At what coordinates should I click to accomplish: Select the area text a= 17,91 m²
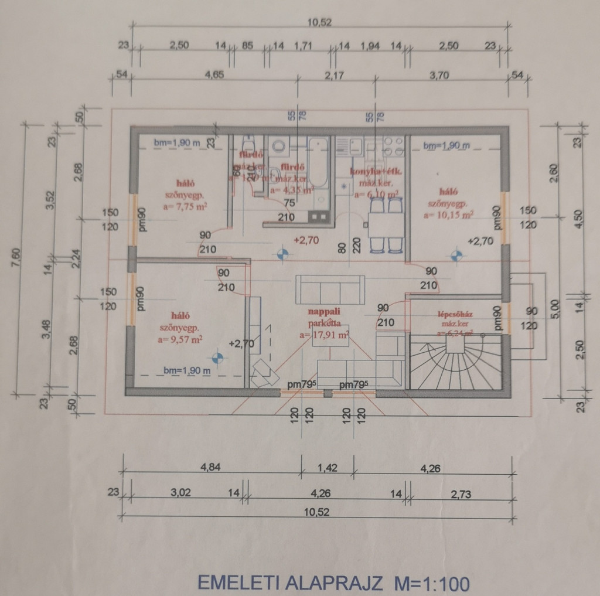tap(323, 335)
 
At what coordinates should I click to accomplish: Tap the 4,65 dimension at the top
tap(215, 75)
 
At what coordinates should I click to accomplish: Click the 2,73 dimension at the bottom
tap(461, 493)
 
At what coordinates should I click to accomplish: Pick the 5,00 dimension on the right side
tap(556, 307)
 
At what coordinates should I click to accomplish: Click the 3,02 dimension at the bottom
tap(182, 493)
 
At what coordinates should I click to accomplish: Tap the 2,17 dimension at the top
tap(336, 75)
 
